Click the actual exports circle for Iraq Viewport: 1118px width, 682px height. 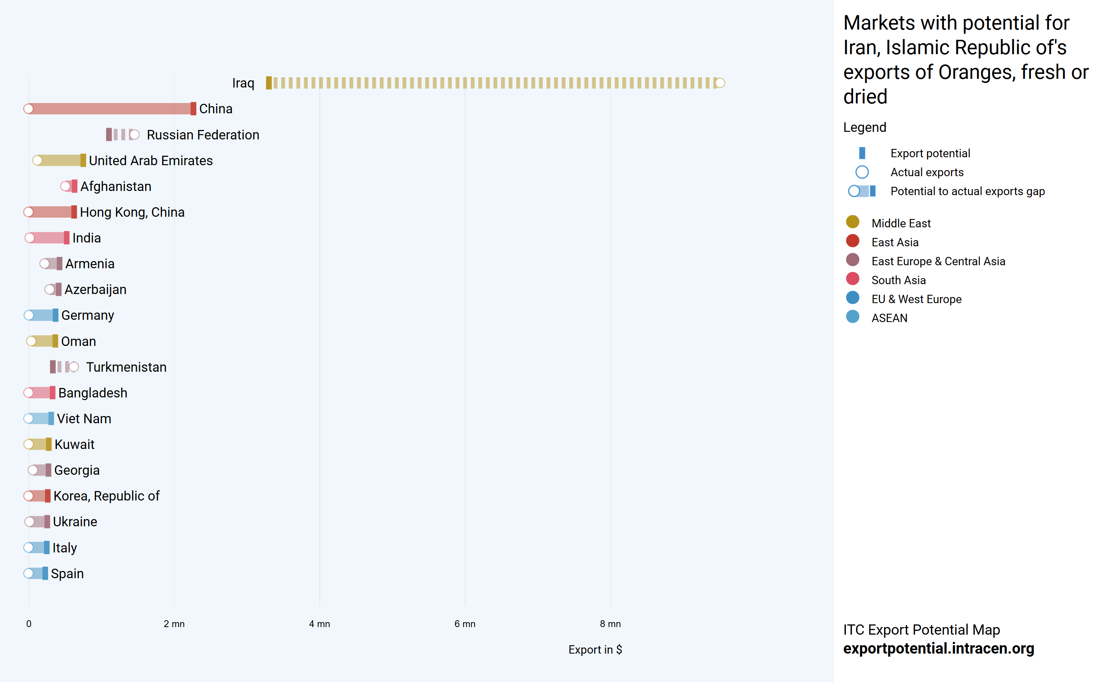(x=720, y=83)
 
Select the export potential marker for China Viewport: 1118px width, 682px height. (x=193, y=109)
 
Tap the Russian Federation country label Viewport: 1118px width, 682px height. (x=203, y=135)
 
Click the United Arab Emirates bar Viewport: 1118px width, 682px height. (x=59, y=161)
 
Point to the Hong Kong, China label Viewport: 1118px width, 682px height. (x=132, y=212)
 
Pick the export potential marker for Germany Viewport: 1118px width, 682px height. (x=55, y=315)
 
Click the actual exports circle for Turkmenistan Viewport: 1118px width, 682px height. (x=74, y=367)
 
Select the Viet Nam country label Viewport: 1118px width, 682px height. (x=84, y=419)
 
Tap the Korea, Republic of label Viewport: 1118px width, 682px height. (x=106, y=496)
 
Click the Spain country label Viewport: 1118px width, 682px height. (x=67, y=574)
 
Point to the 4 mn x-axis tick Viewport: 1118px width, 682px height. (x=319, y=624)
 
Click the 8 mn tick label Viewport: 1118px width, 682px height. (x=610, y=624)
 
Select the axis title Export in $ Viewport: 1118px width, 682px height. (x=595, y=650)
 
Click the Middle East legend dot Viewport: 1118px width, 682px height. (x=853, y=222)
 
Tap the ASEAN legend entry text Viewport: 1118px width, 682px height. (x=889, y=318)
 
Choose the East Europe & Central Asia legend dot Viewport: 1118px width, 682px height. (x=853, y=260)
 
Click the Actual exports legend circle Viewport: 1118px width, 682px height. (x=862, y=172)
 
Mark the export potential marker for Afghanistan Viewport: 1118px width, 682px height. (x=74, y=186)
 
